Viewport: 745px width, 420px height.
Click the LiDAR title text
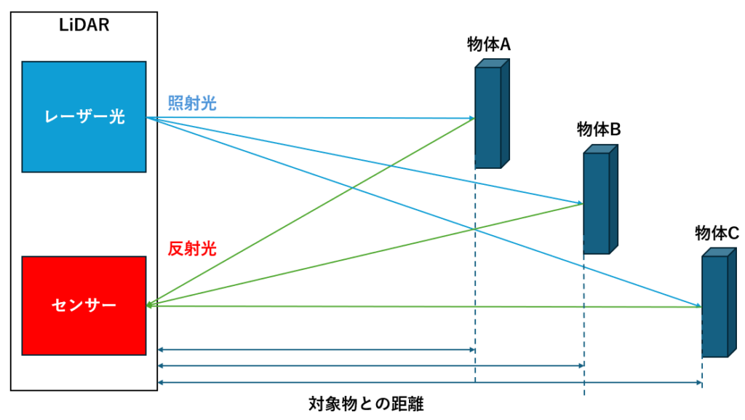(84, 25)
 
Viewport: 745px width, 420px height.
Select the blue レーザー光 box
(84, 116)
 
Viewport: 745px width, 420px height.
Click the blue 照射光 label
(192, 103)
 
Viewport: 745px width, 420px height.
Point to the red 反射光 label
(192, 249)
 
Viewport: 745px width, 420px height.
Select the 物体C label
(717, 233)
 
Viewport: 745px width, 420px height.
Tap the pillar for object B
(596, 204)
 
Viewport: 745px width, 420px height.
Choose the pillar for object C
(714, 306)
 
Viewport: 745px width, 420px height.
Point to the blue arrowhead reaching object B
(579, 203)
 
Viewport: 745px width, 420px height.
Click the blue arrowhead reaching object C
(698, 306)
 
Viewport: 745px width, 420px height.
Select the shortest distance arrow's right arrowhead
(471, 350)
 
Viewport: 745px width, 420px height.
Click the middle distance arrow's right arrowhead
(581, 366)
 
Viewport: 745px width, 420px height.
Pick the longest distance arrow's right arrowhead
(698, 382)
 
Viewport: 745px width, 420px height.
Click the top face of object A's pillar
(493, 63)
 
